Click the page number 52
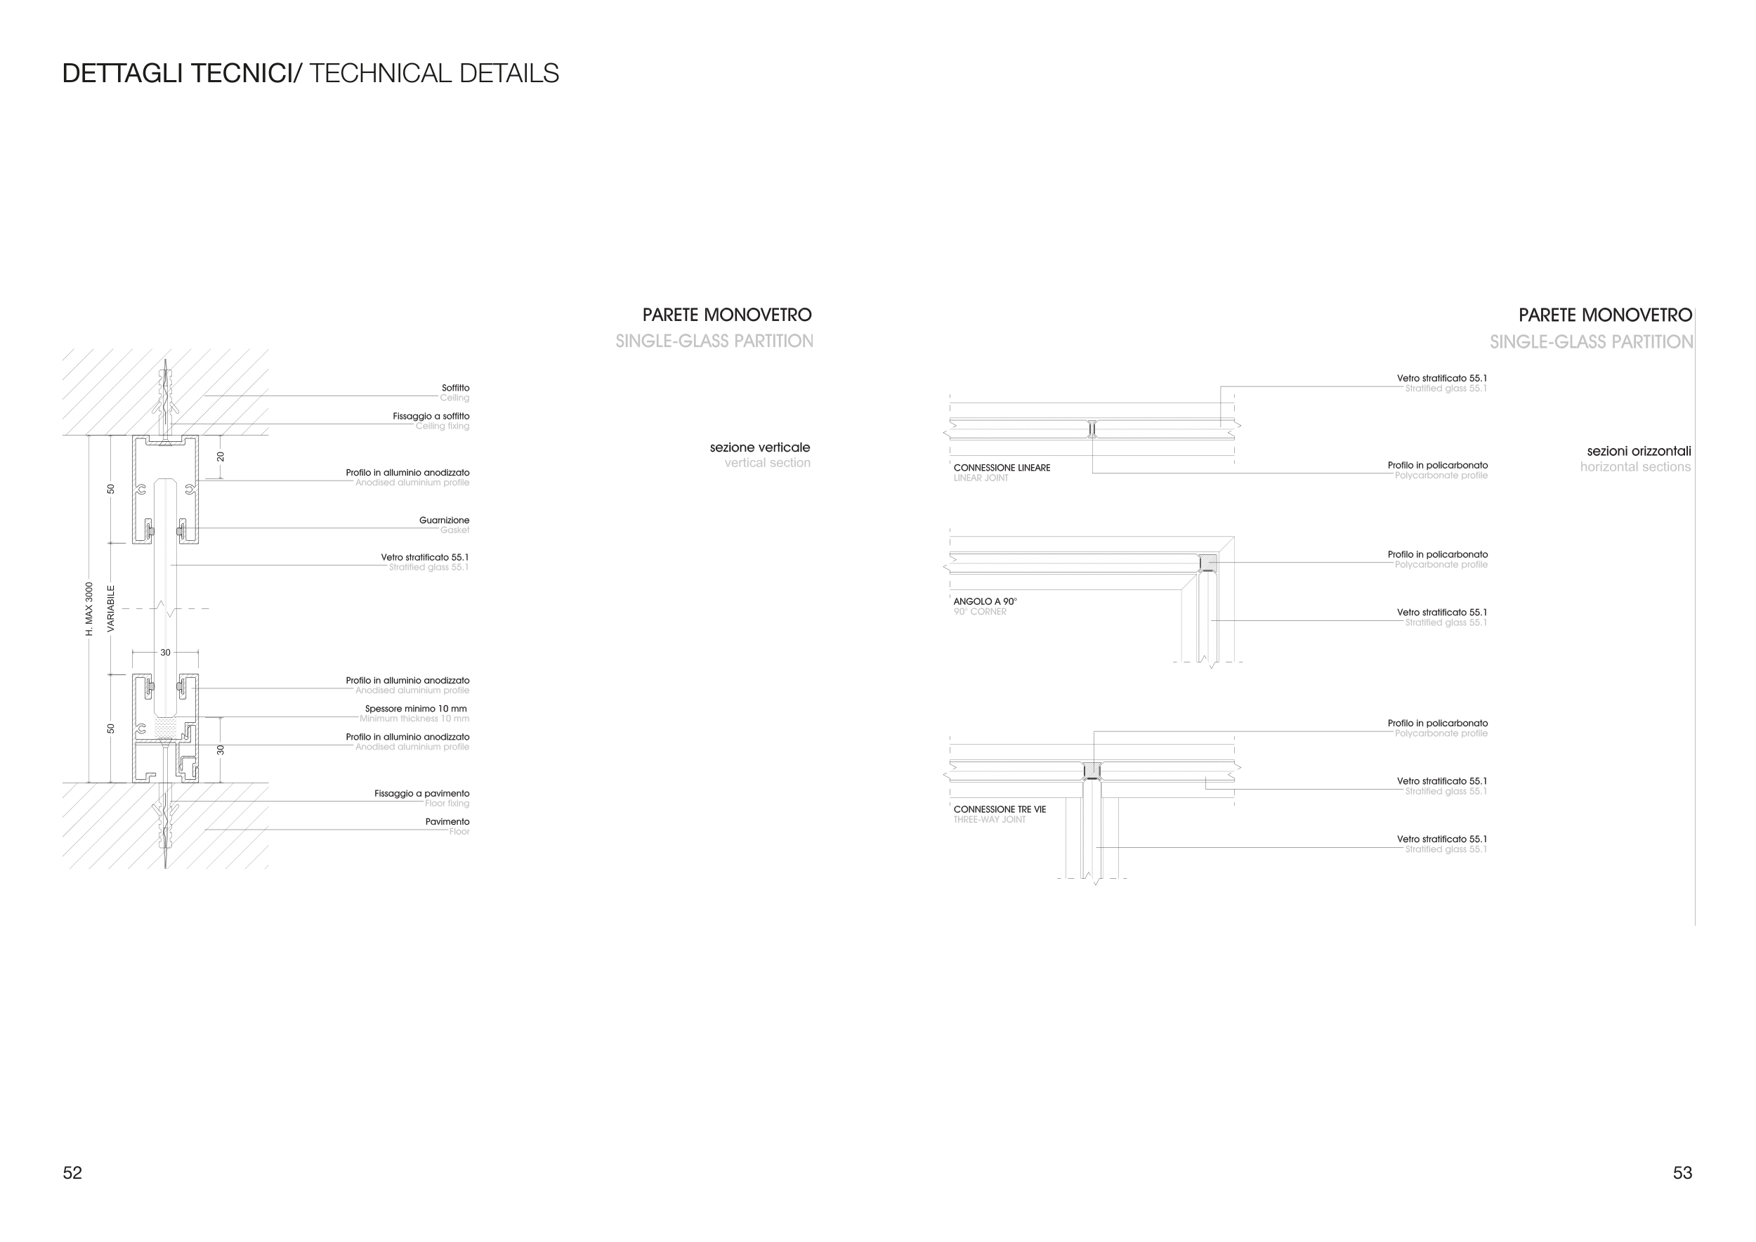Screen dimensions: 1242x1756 coord(72,1173)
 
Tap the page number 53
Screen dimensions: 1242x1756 coord(1682,1173)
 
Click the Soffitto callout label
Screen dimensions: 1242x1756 coord(455,388)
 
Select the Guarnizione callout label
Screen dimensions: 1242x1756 coord(444,520)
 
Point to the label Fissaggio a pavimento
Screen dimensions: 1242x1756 coord(421,793)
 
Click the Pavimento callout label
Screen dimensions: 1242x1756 coord(447,821)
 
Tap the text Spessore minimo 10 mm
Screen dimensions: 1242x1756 coord(415,708)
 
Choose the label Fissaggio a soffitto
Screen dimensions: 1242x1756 coord(431,416)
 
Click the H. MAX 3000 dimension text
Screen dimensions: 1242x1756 coord(89,609)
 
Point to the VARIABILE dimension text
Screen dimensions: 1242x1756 coord(111,609)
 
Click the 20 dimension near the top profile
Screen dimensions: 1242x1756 coord(221,457)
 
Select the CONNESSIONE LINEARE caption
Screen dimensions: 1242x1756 coord(1001,467)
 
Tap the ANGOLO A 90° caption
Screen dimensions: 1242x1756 coord(985,601)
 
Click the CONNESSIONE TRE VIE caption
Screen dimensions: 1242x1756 coord(999,809)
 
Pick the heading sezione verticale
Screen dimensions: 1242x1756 coord(759,447)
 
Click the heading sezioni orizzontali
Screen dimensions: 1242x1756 coord(1638,451)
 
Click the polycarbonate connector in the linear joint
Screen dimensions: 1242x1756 coord(1092,429)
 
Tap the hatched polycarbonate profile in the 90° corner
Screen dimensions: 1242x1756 coord(1207,563)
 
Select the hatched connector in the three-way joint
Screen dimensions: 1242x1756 coord(1093,770)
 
